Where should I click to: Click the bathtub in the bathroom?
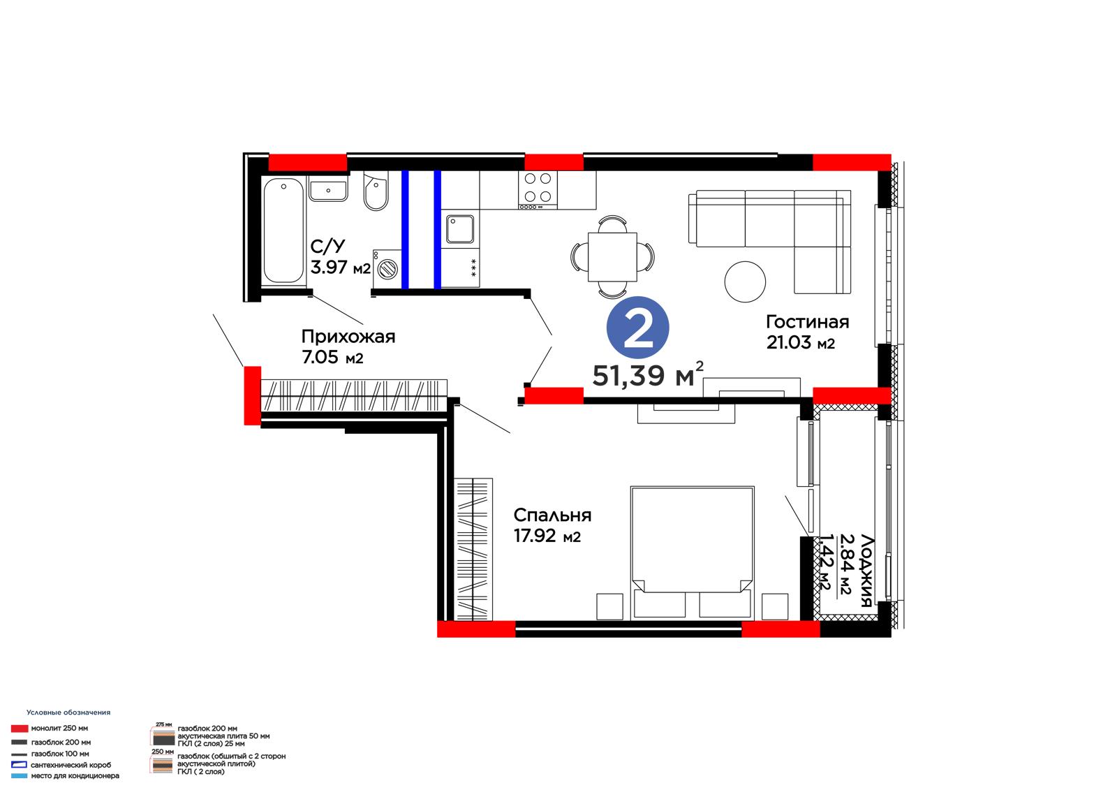(283, 230)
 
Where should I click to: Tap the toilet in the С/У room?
(376, 191)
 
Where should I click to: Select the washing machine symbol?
(387, 269)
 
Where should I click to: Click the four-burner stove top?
(538, 190)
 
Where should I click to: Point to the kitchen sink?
(460, 229)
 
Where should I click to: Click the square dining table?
(612, 257)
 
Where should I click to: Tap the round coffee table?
(745, 281)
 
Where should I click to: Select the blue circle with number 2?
(638, 328)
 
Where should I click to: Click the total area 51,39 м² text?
(648, 374)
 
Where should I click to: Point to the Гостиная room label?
(807, 322)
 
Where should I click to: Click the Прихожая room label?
(348, 337)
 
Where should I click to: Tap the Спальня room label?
(552, 515)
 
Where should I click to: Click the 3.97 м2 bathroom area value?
(341, 268)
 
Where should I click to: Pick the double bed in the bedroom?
(692, 553)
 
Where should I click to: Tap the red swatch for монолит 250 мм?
(20, 729)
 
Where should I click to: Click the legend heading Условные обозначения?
(68, 712)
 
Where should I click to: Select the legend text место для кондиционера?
(75, 775)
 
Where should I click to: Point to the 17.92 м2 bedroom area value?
(547, 536)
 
